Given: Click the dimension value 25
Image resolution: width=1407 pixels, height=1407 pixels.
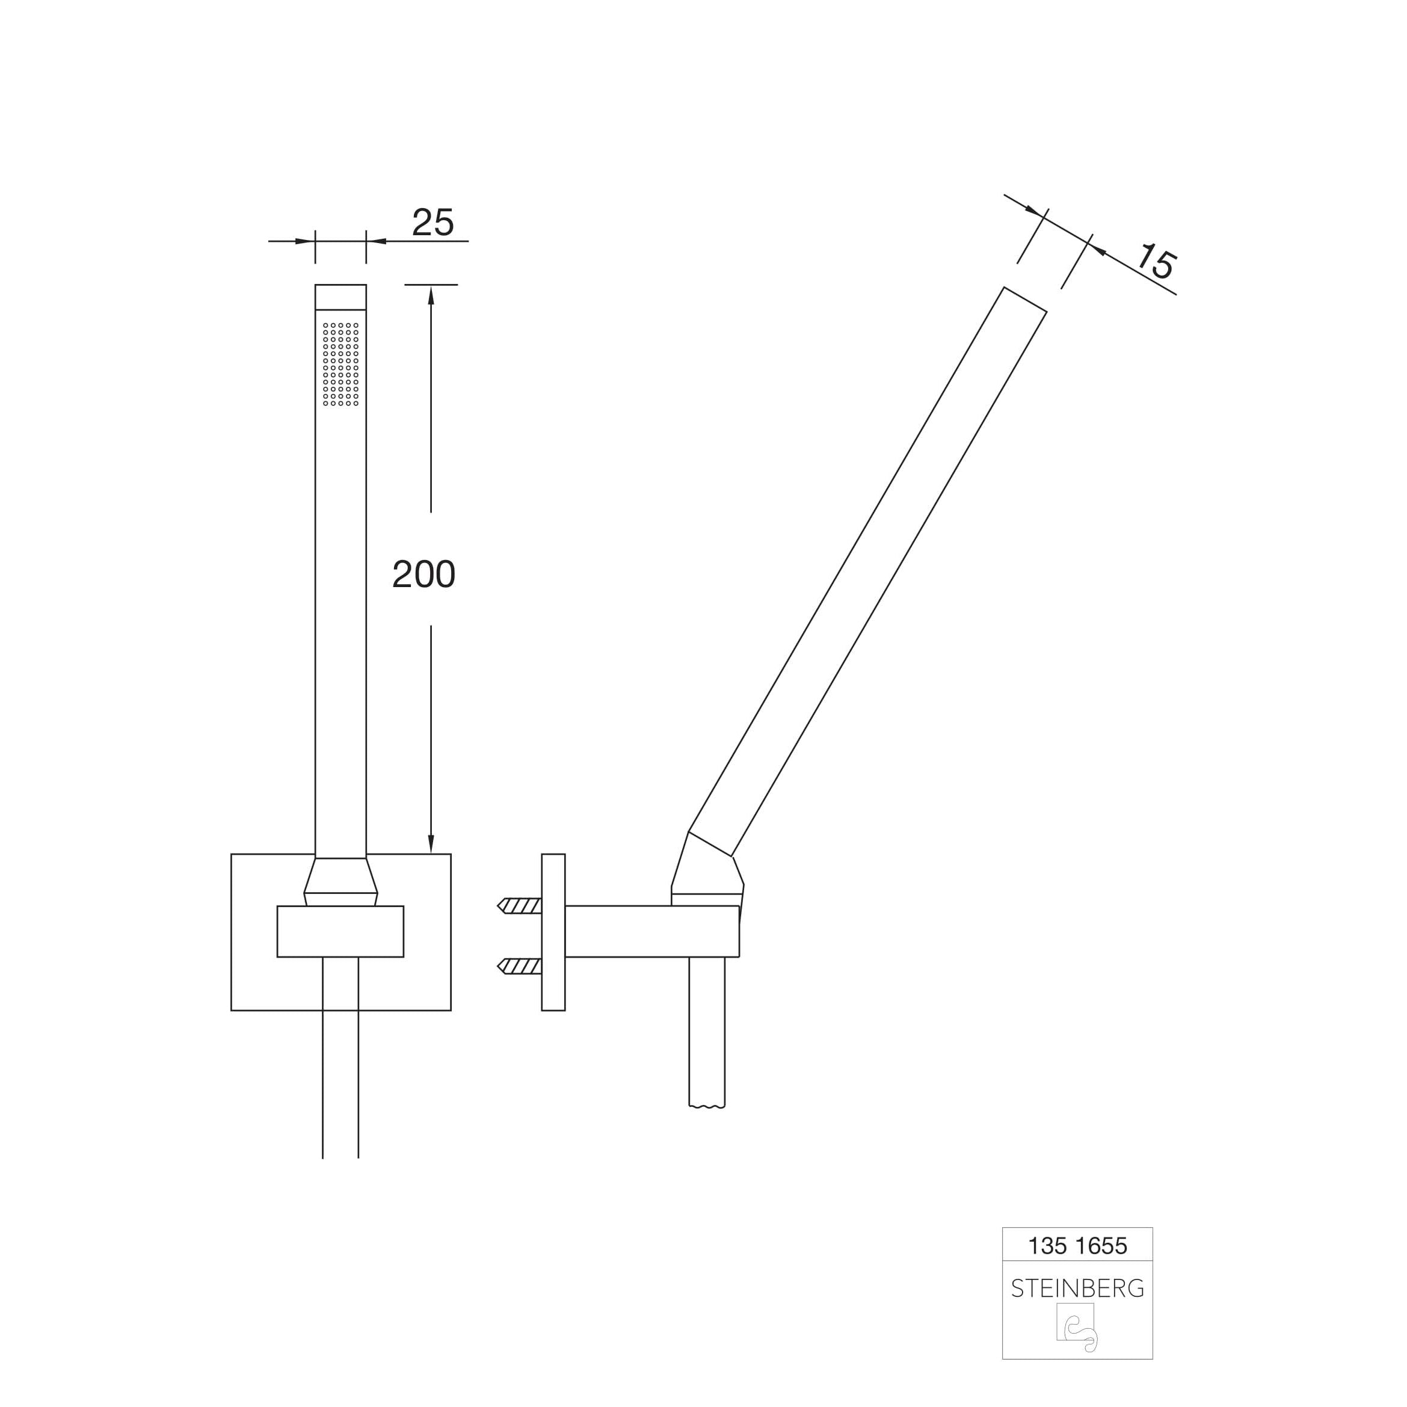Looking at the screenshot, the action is pos(433,222).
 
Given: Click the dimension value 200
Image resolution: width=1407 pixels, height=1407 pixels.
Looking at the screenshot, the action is pos(424,574).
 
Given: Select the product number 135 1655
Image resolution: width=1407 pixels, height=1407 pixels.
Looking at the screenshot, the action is pos(1077,1245).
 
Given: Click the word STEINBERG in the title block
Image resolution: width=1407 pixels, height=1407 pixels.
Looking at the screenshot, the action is pos(1077,1288).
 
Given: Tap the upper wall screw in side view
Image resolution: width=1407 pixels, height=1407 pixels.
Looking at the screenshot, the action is pos(519,906).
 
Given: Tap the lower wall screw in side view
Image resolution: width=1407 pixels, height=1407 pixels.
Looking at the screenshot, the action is pos(519,967).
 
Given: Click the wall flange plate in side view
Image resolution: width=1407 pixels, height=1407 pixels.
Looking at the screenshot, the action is pos(553,932).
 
